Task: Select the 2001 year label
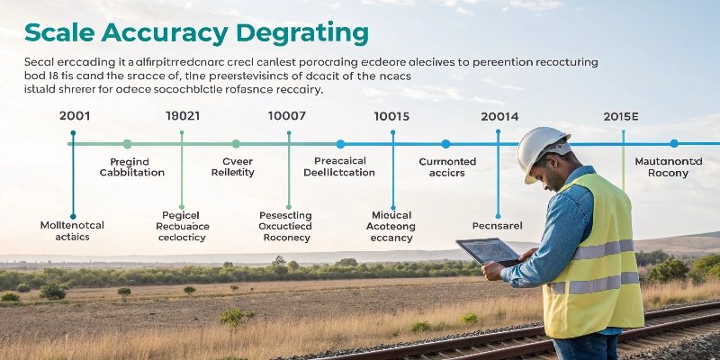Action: [74, 116]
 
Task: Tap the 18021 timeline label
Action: [183, 116]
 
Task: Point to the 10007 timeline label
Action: [287, 116]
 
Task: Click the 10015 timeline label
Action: [391, 116]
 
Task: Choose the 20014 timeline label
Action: [499, 116]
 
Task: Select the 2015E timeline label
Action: [621, 116]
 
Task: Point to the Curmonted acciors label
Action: [447, 167]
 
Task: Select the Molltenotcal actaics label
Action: [73, 231]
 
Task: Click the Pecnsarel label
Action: [497, 226]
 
